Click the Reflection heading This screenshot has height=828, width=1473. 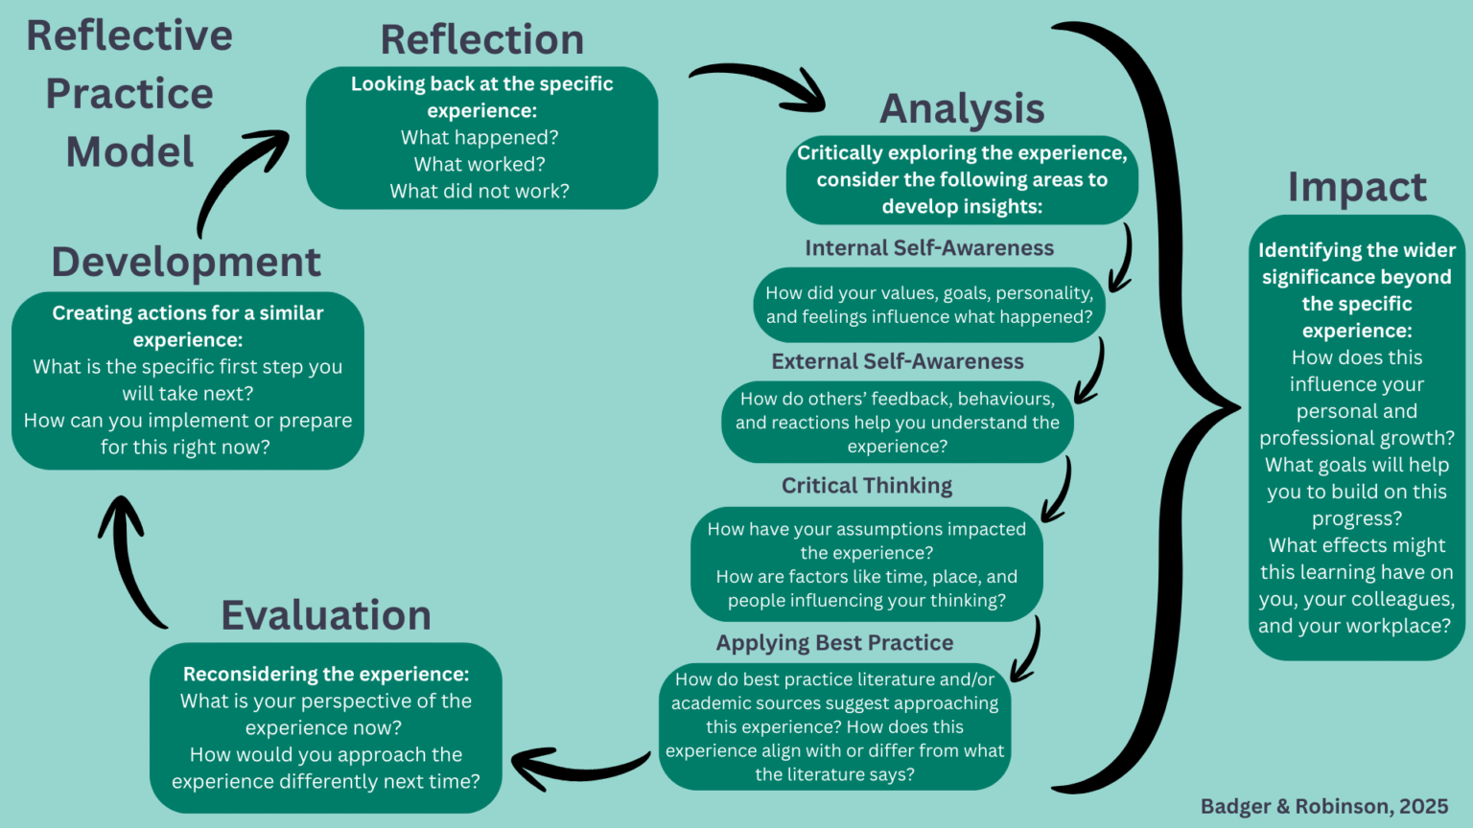(x=482, y=40)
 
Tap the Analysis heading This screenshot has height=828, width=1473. (x=962, y=109)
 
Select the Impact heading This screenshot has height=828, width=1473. (x=1357, y=188)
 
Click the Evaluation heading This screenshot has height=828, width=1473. (x=326, y=615)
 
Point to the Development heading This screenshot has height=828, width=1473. (x=186, y=263)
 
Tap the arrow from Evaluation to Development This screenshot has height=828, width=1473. (x=129, y=562)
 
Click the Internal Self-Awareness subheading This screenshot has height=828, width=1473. (x=929, y=248)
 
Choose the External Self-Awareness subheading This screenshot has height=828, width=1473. (x=898, y=361)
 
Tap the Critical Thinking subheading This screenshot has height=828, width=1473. (x=867, y=486)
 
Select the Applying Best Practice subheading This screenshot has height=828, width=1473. (x=834, y=643)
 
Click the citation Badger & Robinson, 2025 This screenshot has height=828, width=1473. (x=1324, y=806)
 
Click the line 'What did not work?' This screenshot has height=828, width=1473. (x=479, y=191)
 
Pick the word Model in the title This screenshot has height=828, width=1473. (x=129, y=152)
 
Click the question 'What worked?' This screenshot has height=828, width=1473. (x=479, y=164)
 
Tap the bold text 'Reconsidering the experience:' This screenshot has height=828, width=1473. (x=326, y=674)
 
